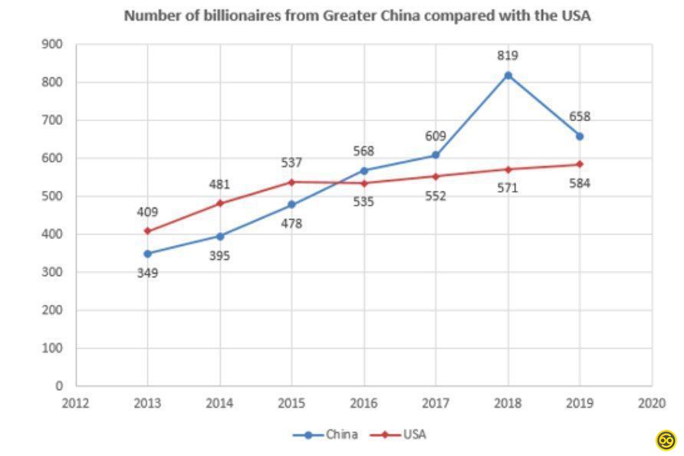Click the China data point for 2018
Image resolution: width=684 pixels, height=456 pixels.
tap(508, 75)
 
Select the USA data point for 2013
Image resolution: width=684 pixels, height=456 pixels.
tap(147, 231)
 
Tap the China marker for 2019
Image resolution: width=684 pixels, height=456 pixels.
tap(580, 136)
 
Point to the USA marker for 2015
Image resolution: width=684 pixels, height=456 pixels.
tap(291, 182)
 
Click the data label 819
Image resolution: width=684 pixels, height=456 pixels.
tap(508, 55)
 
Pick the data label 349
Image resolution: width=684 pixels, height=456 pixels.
tap(147, 272)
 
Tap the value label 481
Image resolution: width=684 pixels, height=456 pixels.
tap(219, 185)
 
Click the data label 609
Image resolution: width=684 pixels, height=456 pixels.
tap(436, 136)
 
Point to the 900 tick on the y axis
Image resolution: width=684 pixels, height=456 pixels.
tap(51, 44)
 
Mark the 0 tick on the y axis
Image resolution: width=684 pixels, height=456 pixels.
tap(58, 386)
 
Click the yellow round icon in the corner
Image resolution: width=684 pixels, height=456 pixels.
tap(666, 440)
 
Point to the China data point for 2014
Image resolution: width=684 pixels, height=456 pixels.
tap(219, 236)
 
